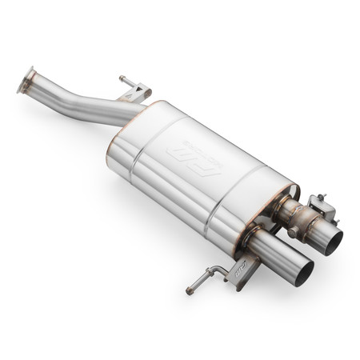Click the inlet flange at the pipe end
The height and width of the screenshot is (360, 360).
click(28, 80)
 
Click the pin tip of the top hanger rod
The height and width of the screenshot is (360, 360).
click(122, 78)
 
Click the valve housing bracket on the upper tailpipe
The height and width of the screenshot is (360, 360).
click(320, 210)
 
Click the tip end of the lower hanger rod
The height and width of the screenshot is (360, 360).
click(190, 290)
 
